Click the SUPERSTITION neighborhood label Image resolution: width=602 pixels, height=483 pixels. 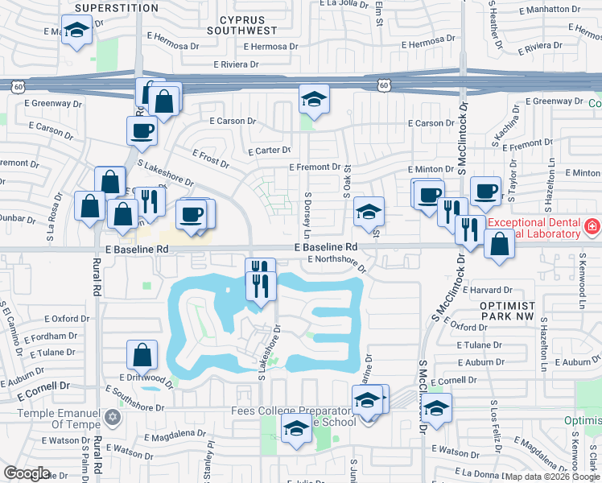pos(116,8)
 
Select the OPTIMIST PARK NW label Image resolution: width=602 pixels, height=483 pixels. pos(507,312)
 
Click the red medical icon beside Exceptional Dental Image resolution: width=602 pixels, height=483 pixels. pos(592,228)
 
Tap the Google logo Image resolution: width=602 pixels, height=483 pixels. pos(27,473)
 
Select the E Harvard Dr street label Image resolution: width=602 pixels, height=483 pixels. pos(486,290)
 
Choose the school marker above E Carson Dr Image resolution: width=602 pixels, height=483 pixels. pos(314,100)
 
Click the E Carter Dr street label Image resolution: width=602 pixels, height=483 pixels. pos(273,151)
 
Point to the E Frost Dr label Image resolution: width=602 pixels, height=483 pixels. pos(211,158)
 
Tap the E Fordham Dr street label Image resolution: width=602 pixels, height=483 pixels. pos(51,336)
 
